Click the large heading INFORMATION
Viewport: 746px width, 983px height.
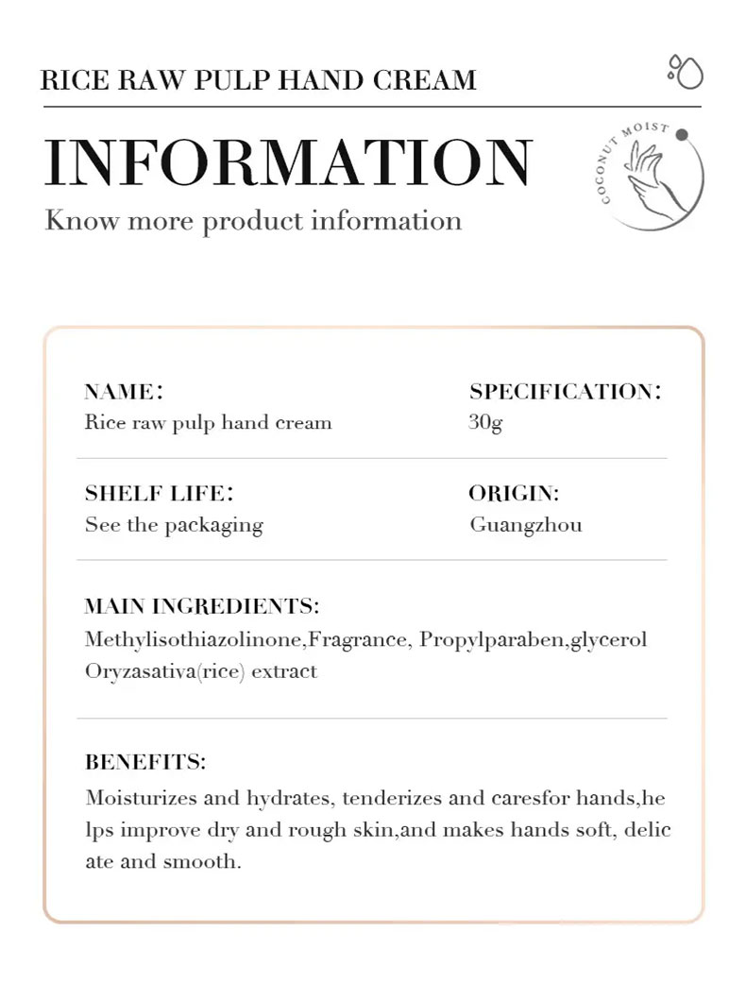point(288,162)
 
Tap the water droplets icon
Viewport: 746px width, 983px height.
point(685,72)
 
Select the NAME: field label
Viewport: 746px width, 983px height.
point(124,392)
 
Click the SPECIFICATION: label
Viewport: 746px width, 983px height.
point(565,392)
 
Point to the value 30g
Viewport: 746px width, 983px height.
point(485,422)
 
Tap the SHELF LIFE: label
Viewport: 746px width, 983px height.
point(159,494)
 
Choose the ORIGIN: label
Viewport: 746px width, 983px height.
point(514,494)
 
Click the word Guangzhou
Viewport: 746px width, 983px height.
point(526,525)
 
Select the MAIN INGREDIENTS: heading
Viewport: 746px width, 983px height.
point(201,606)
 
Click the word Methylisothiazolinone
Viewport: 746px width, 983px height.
point(193,640)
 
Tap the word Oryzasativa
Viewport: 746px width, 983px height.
point(139,672)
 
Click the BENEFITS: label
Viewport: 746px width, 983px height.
point(145,762)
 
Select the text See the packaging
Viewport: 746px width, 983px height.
point(174,525)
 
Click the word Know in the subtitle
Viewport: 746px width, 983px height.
point(81,221)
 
